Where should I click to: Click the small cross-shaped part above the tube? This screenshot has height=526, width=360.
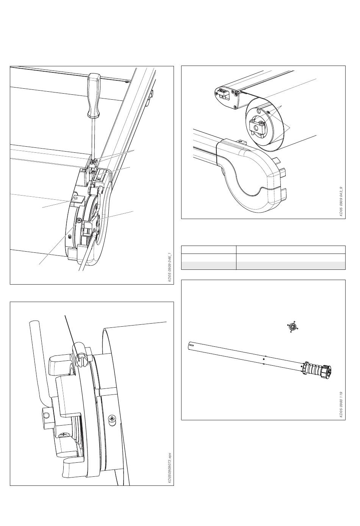pos(293,327)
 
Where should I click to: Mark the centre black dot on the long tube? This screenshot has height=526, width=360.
pos(264,359)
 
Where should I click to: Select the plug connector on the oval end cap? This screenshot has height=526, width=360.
pos(222,94)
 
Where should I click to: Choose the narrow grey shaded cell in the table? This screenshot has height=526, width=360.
pos(209,266)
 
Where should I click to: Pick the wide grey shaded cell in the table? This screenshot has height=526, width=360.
pos(291,266)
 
